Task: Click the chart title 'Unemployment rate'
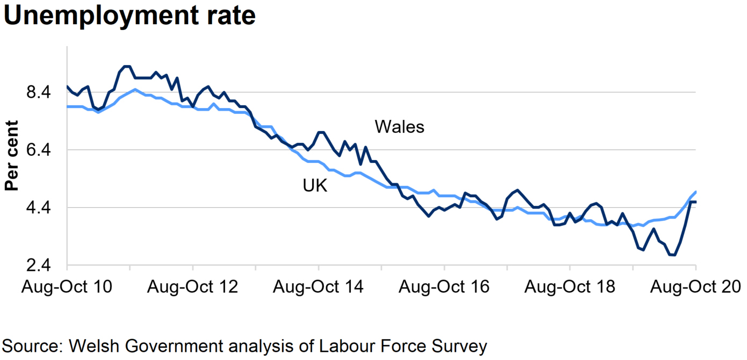pyautogui.click(x=130, y=16)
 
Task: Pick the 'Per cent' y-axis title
pyautogui.click(x=12, y=156)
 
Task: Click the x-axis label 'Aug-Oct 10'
pyautogui.click(x=67, y=287)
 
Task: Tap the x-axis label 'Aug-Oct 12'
pyautogui.click(x=192, y=287)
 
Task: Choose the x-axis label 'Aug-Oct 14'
pyautogui.click(x=318, y=287)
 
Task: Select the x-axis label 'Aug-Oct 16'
pyautogui.click(x=444, y=287)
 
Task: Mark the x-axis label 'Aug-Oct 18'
pyautogui.click(x=570, y=287)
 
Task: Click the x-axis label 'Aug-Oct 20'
pyautogui.click(x=695, y=287)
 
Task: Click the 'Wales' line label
pyautogui.click(x=399, y=127)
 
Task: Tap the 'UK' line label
pyautogui.click(x=315, y=186)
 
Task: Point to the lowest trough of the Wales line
pyautogui.click(x=672, y=255)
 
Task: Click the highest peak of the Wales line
pyautogui.click(x=127, y=67)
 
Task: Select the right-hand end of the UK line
pyautogui.click(x=696, y=192)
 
